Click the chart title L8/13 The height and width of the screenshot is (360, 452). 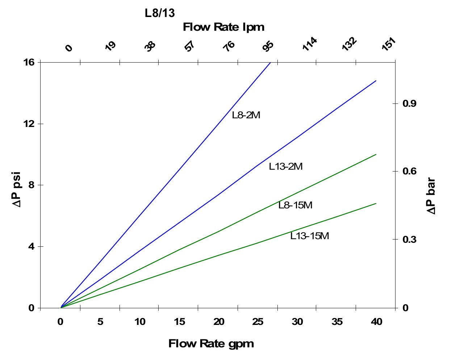point(160,13)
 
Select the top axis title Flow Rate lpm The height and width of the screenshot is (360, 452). point(223,27)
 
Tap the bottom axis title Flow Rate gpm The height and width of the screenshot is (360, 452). point(211,343)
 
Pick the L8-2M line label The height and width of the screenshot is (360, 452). point(246,115)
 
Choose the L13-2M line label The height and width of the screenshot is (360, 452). point(286,166)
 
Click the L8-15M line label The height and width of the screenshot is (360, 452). point(295,205)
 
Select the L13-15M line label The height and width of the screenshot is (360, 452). point(310,236)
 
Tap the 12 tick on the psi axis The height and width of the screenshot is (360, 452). point(29,124)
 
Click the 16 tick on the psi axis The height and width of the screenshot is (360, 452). point(29,62)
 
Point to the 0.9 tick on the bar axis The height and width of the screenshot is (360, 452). point(409,104)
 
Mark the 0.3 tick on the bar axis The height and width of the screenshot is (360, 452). point(409,240)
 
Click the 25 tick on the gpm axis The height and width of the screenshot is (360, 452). point(258,322)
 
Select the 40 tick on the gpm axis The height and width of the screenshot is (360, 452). point(377,322)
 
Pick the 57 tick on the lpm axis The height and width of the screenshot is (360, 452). point(190,46)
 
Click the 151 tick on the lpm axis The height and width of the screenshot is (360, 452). point(389,45)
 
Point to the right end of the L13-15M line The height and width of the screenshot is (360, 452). point(376,203)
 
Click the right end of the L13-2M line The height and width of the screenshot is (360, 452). point(376,81)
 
